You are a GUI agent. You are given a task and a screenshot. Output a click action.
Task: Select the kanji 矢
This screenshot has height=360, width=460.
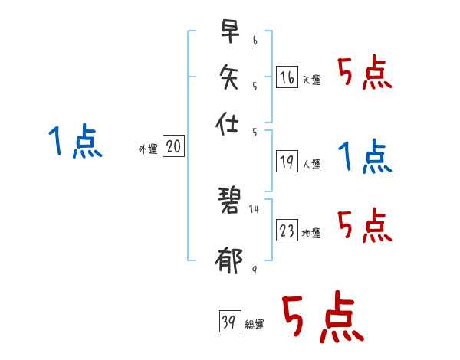click(230, 77)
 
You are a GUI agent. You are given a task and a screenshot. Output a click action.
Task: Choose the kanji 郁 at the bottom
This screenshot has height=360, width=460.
click(230, 261)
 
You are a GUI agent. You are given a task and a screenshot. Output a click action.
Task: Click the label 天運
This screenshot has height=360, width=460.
click(311, 80)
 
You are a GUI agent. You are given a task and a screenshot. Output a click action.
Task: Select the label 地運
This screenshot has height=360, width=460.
click(311, 234)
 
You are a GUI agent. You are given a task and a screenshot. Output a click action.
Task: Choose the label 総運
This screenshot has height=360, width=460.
click(254, 325)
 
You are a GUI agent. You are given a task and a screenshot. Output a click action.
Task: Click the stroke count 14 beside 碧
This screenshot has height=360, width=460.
click(254, 208)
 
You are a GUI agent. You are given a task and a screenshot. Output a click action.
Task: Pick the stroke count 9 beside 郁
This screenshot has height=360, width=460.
click(254, 269)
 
